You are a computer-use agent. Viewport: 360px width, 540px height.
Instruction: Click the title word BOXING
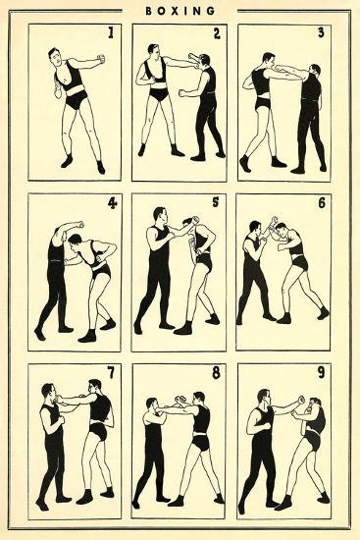180,11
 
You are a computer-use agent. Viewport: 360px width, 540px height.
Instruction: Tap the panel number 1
111,32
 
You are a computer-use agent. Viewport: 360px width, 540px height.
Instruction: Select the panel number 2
217,33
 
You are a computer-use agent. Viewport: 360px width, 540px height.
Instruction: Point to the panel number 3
321,32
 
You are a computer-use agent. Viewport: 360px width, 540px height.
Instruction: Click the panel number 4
112,203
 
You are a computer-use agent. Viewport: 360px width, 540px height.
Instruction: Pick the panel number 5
216,202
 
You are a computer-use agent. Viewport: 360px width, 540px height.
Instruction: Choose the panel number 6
322,203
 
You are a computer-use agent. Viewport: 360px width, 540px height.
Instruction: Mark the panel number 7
111,373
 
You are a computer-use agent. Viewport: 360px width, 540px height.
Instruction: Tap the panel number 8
216,373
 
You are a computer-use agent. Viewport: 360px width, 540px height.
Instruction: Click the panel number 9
321,373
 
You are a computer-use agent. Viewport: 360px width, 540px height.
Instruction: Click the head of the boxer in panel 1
56,58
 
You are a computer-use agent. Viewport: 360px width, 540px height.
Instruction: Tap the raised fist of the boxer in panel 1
100,59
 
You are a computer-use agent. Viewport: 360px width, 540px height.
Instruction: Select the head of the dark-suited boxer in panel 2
204,61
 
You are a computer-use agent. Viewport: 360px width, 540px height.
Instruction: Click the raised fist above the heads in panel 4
80,225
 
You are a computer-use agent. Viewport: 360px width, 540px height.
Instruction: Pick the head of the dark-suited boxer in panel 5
160,216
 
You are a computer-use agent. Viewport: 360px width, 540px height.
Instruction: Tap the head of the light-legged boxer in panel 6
282,231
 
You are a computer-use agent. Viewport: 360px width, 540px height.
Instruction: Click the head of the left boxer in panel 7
48,393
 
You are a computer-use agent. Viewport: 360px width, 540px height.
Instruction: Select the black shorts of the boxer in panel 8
200,443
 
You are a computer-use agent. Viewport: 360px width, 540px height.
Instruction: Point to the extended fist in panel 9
301,400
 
